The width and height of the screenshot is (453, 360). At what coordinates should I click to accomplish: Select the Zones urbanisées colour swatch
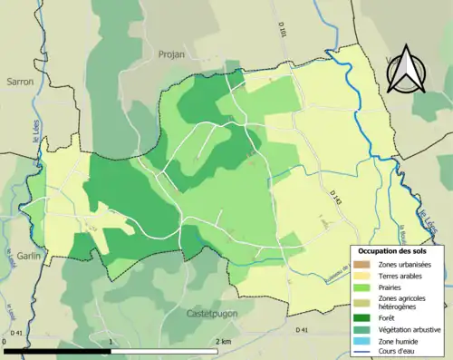point(359,263)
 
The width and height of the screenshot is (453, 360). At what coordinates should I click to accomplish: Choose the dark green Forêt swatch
point(359,318)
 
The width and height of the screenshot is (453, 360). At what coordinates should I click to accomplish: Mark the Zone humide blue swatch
point(359,341)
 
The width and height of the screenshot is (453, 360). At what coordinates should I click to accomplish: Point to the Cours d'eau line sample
point(359,352)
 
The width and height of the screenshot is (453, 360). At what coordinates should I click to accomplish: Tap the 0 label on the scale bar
point(5,341)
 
